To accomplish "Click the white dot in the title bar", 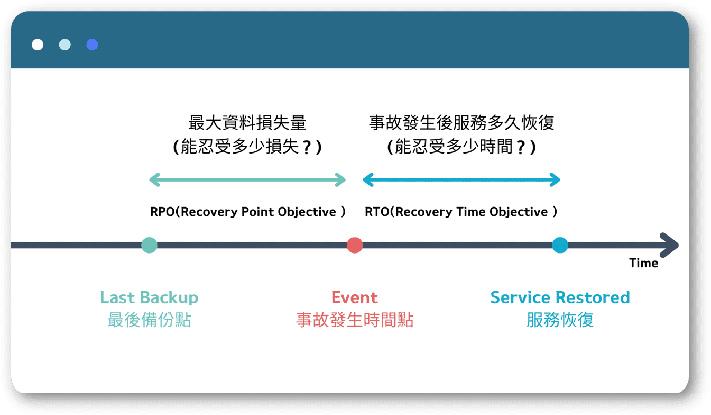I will (38, 44).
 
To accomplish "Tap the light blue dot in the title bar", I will (65, 44).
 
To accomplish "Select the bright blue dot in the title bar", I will (92, 44).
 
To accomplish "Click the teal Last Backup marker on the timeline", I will (149, 245).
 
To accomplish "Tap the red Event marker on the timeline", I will (355, 245).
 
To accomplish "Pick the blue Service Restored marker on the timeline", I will (560, 245).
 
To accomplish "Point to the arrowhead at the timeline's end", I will (670, 245).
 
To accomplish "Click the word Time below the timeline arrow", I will (643, 263).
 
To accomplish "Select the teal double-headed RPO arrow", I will (247, 180).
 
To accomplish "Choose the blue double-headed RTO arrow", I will (461, 180).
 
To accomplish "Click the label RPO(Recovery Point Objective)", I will (248, 212).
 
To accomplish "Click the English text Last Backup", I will (149, 297).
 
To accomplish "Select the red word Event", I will (355, 297).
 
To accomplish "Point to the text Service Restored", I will (560, 297).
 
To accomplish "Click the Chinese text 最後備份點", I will (149, 320).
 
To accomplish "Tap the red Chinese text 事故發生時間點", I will (355, 320).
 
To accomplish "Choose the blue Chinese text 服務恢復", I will (560, 320).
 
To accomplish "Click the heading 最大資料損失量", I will (247, 123).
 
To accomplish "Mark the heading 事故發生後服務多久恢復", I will (461, 123).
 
